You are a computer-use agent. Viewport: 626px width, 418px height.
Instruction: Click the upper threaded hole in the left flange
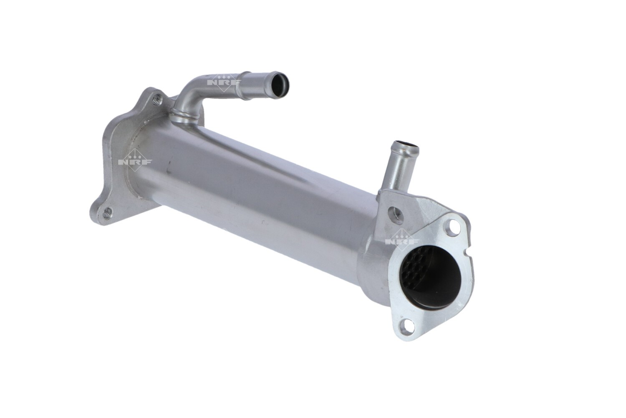pos(157,99)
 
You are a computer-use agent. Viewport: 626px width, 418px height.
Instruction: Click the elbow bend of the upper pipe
pos(188,90)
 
